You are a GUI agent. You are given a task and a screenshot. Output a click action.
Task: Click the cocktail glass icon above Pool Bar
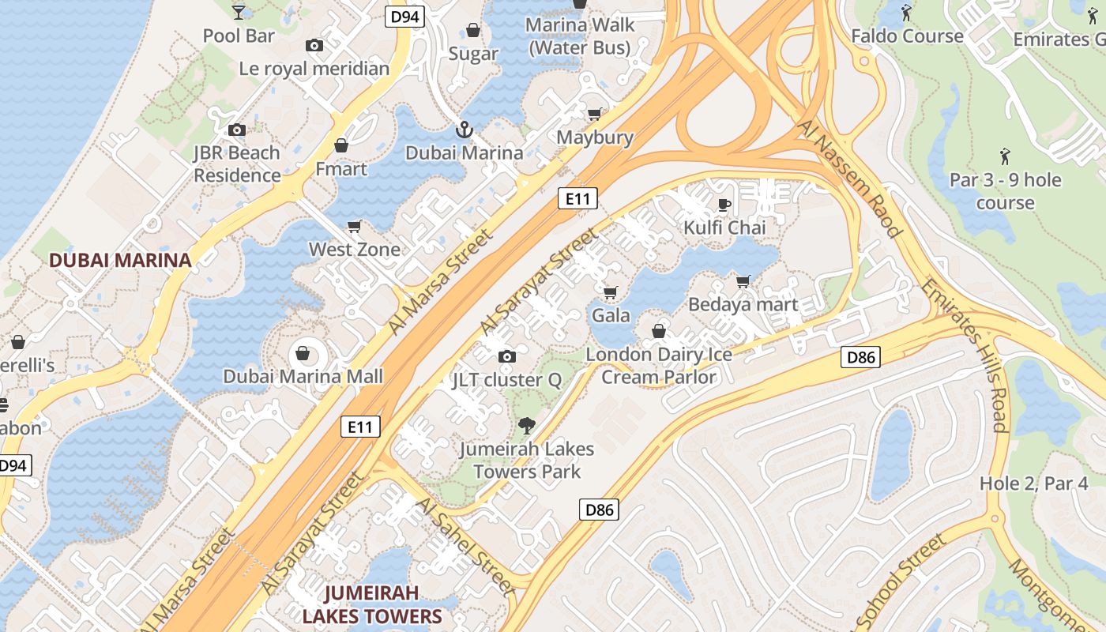coord(239,11)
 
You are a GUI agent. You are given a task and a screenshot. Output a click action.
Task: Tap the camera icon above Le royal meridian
coord(314,46)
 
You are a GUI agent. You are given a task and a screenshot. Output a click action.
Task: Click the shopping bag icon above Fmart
coord(341,146)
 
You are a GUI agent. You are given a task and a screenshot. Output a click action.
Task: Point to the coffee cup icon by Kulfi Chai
coord(724,205)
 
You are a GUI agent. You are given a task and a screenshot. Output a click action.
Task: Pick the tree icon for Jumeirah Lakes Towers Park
coord(526,427)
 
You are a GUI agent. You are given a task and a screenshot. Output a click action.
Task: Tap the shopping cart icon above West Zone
coord(355,227)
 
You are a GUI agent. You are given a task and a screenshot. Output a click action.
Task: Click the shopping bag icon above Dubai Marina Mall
coord(303,352)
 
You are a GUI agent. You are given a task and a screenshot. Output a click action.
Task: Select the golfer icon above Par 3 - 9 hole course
coord(1005,156)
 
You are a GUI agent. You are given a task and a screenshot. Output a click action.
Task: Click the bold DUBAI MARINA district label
coord(120,260)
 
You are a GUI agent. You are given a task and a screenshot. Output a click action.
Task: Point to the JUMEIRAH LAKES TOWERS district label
coord(371,604)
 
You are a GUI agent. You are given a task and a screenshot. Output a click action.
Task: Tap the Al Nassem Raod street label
coord(849,178)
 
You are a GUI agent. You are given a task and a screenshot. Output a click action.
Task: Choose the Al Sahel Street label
coord(465,546)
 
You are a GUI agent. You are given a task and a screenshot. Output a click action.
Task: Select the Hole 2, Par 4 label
coord(1034,483)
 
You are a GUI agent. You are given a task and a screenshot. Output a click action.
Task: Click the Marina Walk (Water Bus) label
coord(580,36)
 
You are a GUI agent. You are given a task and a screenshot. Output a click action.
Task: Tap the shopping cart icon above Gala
coord(610,293)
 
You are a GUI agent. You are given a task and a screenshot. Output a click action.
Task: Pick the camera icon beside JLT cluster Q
coord(507,357)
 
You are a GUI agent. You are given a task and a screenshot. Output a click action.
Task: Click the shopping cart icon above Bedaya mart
coord(743,281)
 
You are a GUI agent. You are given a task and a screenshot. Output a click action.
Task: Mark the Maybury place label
coord(595,137)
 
